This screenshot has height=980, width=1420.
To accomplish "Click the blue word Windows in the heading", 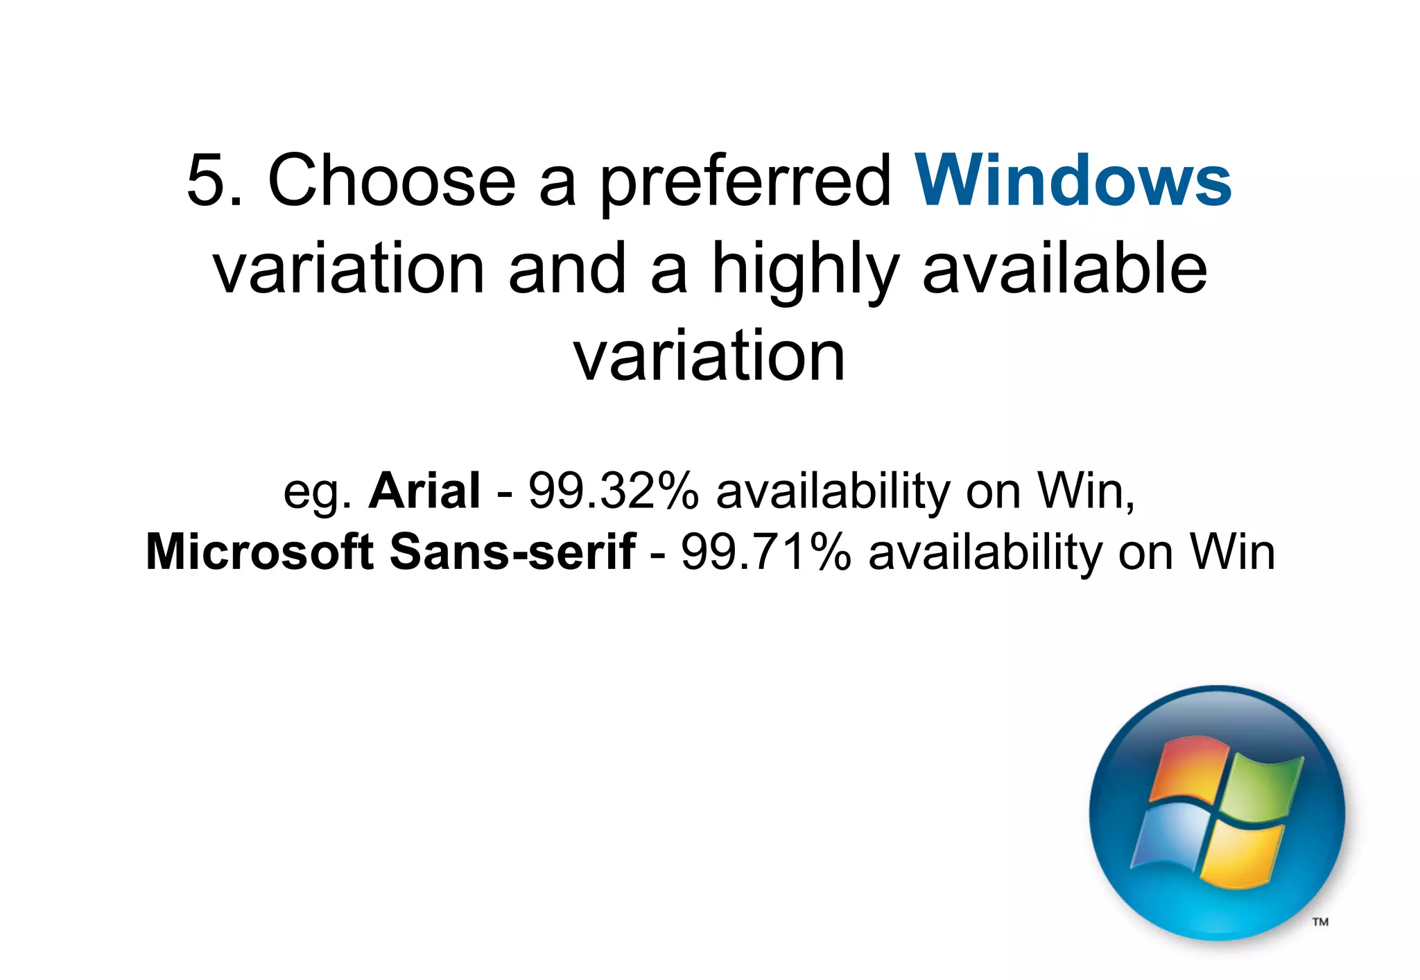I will [1073, 180].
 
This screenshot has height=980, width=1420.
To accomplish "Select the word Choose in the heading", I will [392, 180].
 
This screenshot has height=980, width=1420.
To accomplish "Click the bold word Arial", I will [424, 491].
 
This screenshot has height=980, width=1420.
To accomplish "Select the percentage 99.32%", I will [614, 491].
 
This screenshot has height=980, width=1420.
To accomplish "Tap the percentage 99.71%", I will [766, 552].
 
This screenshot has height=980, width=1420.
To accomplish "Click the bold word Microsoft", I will [260, 552].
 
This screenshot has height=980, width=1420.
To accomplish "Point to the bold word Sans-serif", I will [512, 552].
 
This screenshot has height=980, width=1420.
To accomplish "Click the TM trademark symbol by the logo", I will [1320, 922].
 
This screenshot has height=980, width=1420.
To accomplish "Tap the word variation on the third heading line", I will [709, 356].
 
